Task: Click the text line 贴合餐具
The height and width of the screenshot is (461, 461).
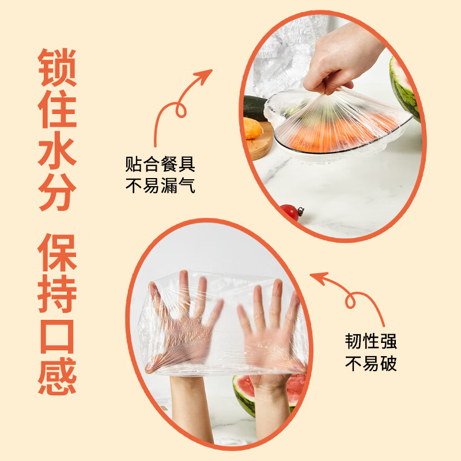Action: click(x=160, y=165)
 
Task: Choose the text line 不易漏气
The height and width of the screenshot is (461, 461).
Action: click(x=160, y=186)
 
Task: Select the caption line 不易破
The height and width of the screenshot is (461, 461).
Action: click(x=371, y=364)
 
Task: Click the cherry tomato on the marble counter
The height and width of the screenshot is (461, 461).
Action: click(x=290, y=212)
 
